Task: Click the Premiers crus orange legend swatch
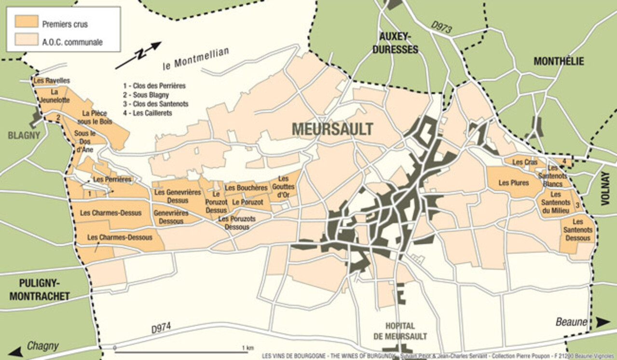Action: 27,22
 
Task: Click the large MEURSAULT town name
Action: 332,129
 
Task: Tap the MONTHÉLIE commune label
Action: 559,61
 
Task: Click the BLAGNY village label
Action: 24,135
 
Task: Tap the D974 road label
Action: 161,329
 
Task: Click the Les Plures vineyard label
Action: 513,183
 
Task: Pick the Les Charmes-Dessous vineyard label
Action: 120,237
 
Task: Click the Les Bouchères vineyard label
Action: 246,188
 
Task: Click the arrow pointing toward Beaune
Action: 603,322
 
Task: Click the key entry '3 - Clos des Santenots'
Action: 155,104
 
